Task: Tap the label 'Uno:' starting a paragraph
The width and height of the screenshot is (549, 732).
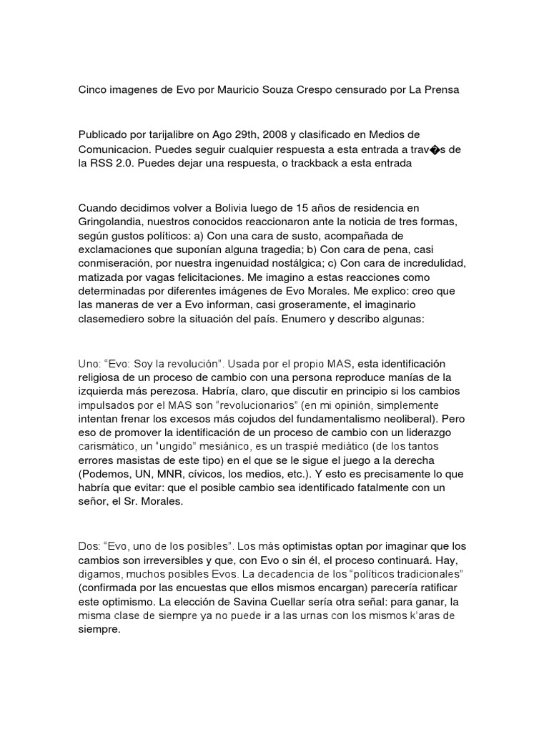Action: [90, 364]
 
